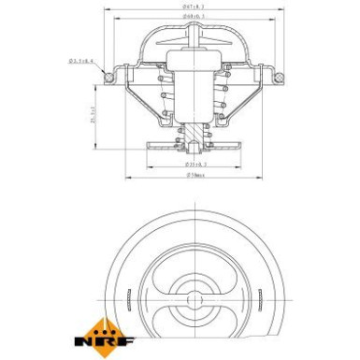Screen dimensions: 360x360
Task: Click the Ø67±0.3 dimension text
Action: coord(195,7)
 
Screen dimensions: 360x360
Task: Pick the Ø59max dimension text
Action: coord(195,173)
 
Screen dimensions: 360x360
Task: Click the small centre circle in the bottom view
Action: coord(193,300)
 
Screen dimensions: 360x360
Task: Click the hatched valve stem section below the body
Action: coord(194,137)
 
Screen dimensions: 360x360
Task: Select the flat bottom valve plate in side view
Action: coord(194,146)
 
